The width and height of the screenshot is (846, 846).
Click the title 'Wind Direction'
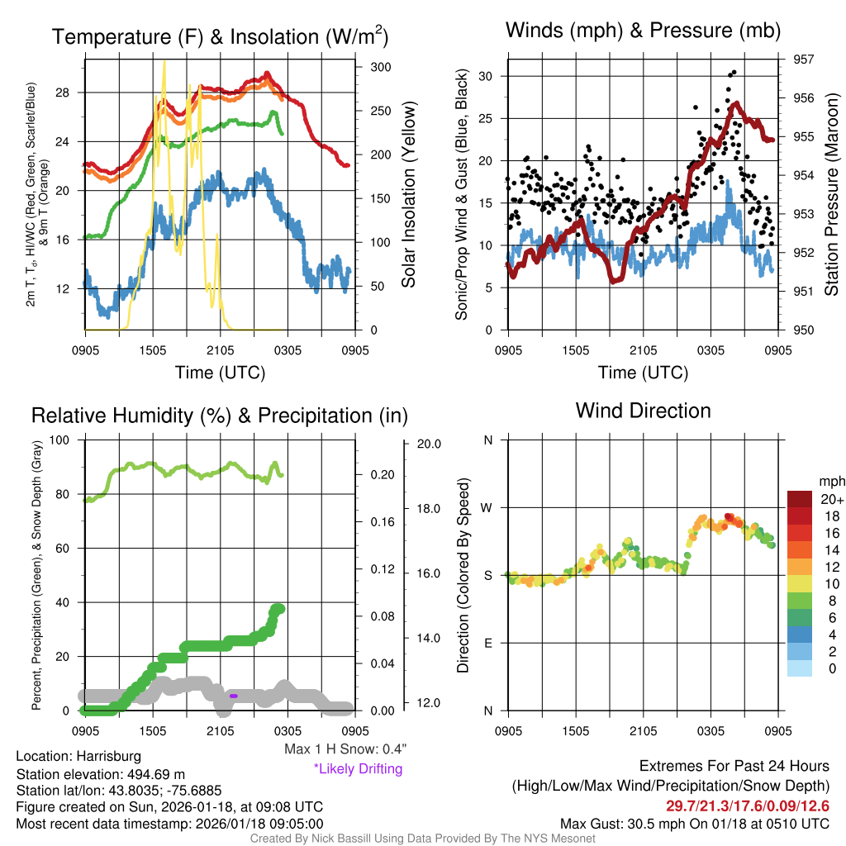point(643,411)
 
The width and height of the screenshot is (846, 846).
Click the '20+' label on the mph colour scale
point(831,500)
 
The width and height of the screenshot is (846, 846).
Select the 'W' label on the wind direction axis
point(487,507)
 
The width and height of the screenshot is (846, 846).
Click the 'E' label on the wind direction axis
point(487,643)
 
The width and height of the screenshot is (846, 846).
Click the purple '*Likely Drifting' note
point(357,768)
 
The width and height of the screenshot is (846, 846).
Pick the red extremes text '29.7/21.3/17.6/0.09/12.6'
point(747,806)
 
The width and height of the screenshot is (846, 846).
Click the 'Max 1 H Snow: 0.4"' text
point(344,749)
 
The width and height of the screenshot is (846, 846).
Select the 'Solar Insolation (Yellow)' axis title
point(408,194)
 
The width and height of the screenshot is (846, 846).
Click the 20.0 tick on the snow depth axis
point(427,444)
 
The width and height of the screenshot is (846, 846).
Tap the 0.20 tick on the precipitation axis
point(381,475)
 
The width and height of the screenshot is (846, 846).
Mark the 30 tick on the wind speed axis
point(486,76)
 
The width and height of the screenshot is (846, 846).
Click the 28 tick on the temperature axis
point(68,93)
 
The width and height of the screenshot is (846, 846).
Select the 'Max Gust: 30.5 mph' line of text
point(694,823)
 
